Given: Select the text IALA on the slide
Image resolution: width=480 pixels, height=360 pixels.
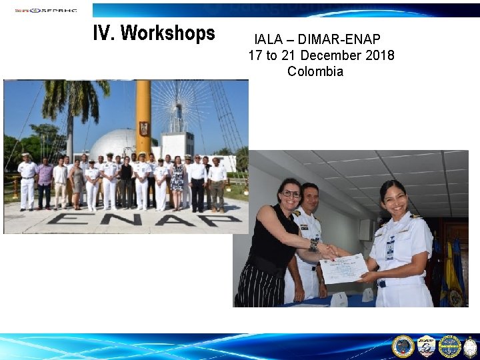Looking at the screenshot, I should point(267,40).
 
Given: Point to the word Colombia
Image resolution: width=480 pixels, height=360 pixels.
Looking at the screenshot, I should point(315,71).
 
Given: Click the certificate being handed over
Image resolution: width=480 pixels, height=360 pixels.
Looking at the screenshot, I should point(344,269).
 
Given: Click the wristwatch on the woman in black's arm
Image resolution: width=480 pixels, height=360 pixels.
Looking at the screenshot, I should point(314,245).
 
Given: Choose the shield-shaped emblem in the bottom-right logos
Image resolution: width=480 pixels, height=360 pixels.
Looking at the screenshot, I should point(427,346).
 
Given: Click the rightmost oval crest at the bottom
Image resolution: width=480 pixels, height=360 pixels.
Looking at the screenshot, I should point(471,346).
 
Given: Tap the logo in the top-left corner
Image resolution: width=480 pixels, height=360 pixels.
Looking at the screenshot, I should point(45,10).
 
